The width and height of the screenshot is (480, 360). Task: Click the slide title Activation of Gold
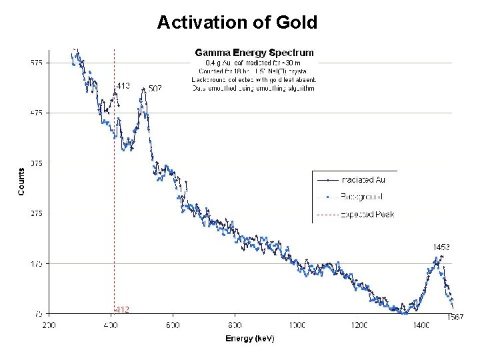(x=237, y=23)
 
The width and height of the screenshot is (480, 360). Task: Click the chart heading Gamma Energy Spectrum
(x=253, y=52)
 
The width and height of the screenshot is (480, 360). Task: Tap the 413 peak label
(x=123, y=85)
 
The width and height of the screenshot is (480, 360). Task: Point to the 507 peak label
(x=155, y=89)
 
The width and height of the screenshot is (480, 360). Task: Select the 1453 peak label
(x=441, y=247)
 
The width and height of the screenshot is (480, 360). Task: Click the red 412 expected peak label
(x=122, y=309)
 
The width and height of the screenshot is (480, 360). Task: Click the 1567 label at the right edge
(x=455, y=317)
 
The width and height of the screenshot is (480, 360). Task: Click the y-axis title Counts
(x=21, y=181)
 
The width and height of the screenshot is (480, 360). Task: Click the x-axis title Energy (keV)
(x=249, y=338)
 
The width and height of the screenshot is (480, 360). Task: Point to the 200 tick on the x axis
(x=49, y=325)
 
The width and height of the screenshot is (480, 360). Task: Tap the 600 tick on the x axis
(x=173, y=325)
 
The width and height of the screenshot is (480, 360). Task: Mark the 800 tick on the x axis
(x=235, y=325)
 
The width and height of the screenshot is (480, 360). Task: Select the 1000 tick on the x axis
(x=297, y=325)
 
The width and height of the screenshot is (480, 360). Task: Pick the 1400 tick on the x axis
(x=421, y=325)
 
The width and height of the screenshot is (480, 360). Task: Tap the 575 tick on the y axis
(x=36, y=63)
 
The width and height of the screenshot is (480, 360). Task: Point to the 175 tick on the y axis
(x=36, y=264)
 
